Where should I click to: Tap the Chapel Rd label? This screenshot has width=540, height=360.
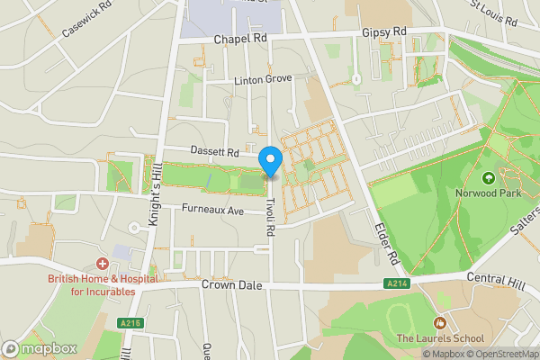241,40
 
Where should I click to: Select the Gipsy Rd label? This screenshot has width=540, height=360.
385,32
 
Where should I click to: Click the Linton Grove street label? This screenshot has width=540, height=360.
264,80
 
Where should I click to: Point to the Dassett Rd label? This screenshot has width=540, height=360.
213,152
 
